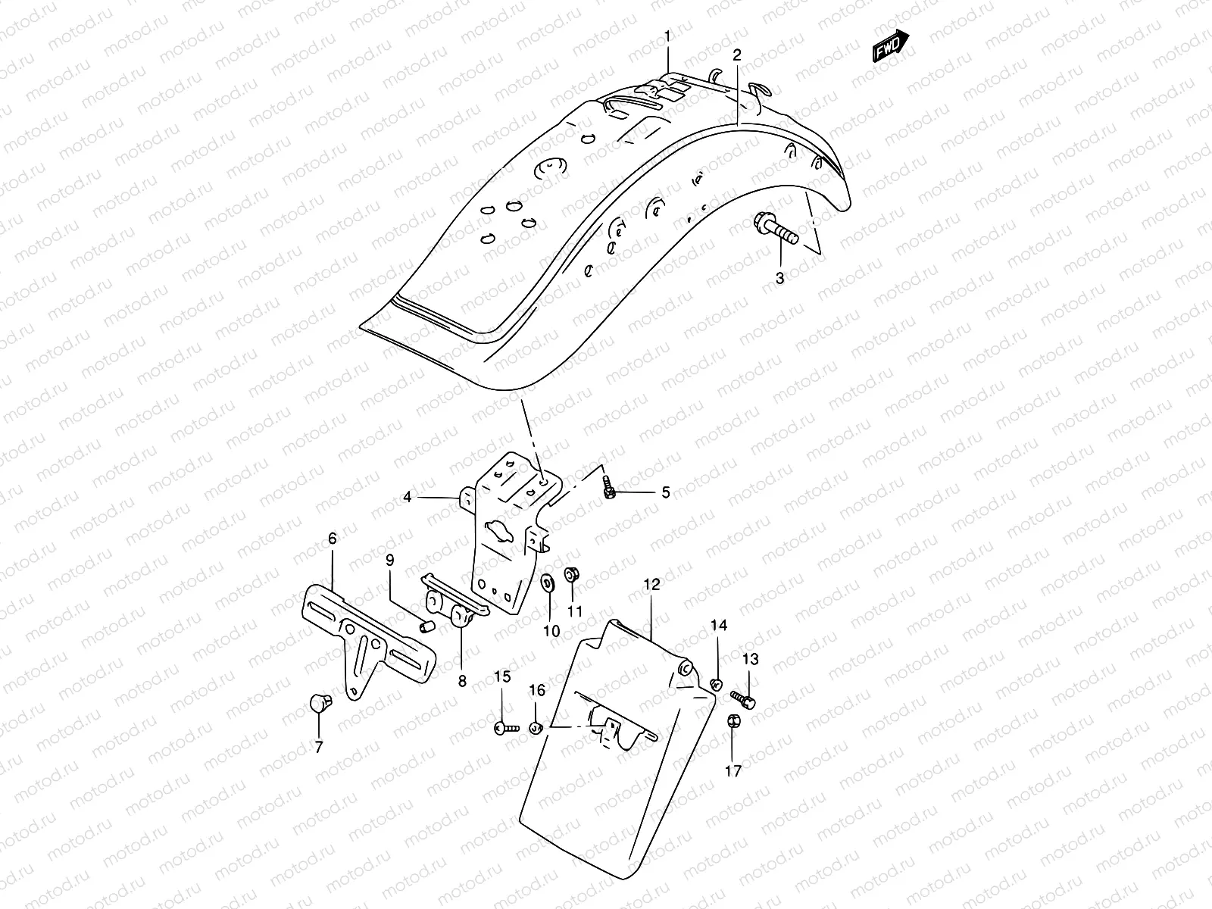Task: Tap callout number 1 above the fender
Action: tap(667, 36)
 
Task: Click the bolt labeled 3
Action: tap(776, 231)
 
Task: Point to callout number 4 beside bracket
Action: tap(408, 498)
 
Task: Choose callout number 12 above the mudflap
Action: tap(651, 585)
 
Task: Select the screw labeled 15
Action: tap(505, 727)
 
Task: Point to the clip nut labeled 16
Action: tap(535, 728)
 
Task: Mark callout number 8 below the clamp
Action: tap(461, 681)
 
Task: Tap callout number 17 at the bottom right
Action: tap(733, 771)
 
